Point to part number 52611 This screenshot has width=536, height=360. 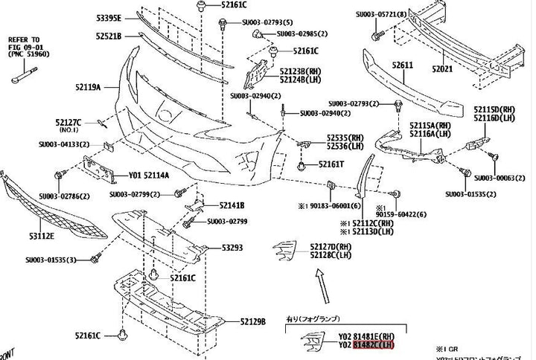[403, 65]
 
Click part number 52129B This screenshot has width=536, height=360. [253, 321]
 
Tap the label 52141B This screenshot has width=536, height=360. [232, 205]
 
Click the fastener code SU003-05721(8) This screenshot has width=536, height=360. [403, 14]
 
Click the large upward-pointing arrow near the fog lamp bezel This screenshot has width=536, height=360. [318, 283]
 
